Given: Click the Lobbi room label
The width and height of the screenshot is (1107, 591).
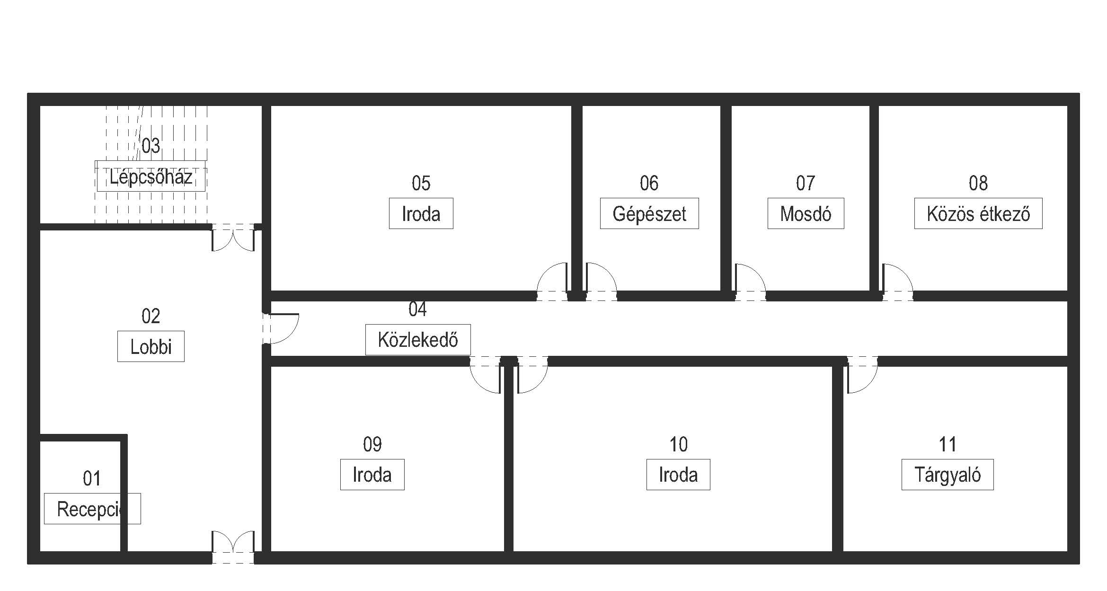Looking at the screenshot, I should click(x=151, y=347).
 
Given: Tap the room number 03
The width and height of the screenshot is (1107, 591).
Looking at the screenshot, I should click(x=151, y=146).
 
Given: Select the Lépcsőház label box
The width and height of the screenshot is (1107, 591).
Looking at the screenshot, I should click(x=151, y=176).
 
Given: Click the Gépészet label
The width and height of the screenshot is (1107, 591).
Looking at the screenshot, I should click(x=649, y=214).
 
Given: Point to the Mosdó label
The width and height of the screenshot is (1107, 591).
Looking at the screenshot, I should click(x=806, y=214).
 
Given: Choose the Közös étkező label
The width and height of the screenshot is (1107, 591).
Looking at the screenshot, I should click(x=978, y=214).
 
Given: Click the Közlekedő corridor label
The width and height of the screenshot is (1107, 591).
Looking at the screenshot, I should click(x=418, y=340).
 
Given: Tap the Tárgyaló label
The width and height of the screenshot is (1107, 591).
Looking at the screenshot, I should click(x=948, y=475).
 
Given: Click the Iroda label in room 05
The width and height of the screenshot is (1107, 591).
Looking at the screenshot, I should click(x=421, y=214).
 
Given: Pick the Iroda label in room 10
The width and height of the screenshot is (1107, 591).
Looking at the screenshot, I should click(x=678, y=475).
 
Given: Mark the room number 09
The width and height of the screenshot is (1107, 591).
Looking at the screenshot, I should click(x=372, y=444).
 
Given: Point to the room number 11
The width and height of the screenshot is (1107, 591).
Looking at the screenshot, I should click(x=948, y=444).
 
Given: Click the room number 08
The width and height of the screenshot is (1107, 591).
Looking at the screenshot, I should click(x=978, y=183).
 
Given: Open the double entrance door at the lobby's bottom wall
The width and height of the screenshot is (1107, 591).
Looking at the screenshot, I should click(x=233, y=549).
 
